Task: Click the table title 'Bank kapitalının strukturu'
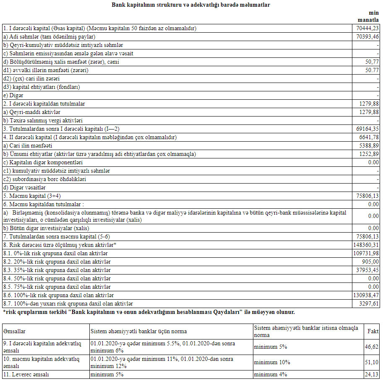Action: pyautogui.click(x=191, y=5)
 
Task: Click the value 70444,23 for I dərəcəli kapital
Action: pyautogui.click(x=367, y=28)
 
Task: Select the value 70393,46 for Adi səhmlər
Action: pyautogui.click(x=367, y=37)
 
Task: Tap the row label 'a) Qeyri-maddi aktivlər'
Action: pyautogui.click(x=32, y=112)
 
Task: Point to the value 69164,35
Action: pyautogui.click(x=367, y=129)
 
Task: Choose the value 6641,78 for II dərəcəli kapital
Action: pyautogui.click(x=369, y=137)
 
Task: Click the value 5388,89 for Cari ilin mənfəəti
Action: pyautogui.click(x=369, y=146)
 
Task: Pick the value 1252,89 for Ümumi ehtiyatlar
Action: pyautogui.click(x=369, y=154)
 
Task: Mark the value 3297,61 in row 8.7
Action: pyautogui.click(x=369, y=303)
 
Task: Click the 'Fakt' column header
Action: pyautogui.click(x=373, y=331)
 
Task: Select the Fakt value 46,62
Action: pyautogui.click(x=373, y=347)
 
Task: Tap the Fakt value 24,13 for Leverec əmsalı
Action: pyautogui.click(x=373, y=375)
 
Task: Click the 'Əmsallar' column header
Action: pyautogui.click(x=15, y=331)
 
